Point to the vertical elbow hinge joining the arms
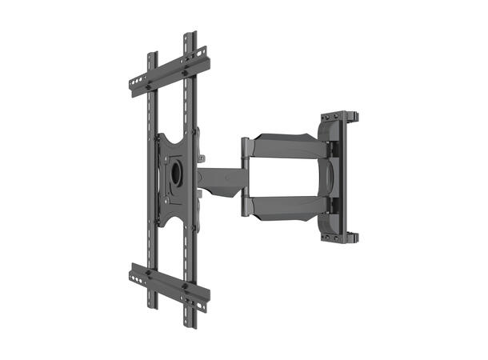click(247, 177)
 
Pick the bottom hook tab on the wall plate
click(353, 237)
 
